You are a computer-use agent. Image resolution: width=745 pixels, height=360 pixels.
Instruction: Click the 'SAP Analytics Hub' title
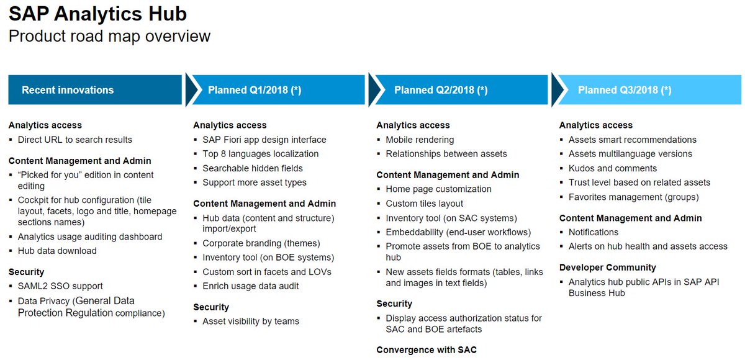[97, 14]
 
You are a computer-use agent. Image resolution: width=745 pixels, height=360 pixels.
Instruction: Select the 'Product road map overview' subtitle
[109, 36]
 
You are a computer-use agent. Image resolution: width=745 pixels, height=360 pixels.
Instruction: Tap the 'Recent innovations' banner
[68, 90]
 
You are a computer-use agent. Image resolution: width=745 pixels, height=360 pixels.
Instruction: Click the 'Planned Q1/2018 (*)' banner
[255, 90]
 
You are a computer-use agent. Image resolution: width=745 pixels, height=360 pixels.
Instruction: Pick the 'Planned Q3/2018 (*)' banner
[625, 90]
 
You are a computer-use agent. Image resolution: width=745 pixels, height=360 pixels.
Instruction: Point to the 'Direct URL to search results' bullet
[74, 140]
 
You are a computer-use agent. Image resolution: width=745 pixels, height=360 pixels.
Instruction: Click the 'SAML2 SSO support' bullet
[60, 286]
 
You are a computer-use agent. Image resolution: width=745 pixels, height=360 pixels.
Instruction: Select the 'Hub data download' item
[57, 251]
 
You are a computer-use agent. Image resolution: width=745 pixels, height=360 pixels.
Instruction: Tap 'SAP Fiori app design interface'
[264, 140]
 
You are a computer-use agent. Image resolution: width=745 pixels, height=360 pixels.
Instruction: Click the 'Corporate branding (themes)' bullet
[261, 243]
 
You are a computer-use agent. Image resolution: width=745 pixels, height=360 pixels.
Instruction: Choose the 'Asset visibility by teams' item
[251, 322]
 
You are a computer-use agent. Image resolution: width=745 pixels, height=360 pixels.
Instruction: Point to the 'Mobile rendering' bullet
[420, 140]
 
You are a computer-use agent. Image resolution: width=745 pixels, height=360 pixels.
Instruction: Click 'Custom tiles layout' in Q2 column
[425, 204]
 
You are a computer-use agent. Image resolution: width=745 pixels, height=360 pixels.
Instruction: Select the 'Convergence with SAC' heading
[427, 350]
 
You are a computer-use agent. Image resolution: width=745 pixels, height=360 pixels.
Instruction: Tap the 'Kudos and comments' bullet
[612, 168]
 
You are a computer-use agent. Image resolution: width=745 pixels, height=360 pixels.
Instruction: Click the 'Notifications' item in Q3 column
[594, 232]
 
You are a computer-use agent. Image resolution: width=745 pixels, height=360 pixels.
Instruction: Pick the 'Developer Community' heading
[607, 268]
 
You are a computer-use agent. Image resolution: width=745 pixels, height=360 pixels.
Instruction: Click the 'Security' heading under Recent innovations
[26, 272]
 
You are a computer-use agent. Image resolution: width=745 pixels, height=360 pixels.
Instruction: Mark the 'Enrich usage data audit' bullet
[251, 286]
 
